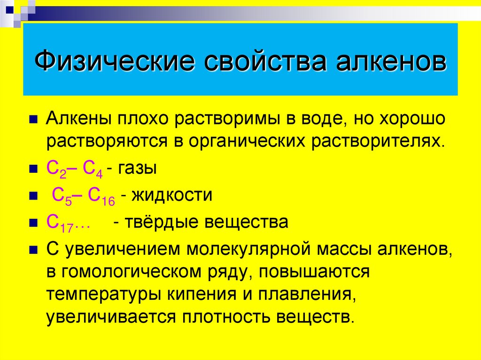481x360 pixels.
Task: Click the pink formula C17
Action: (59, 222)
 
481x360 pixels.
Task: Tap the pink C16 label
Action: (101, 196)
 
